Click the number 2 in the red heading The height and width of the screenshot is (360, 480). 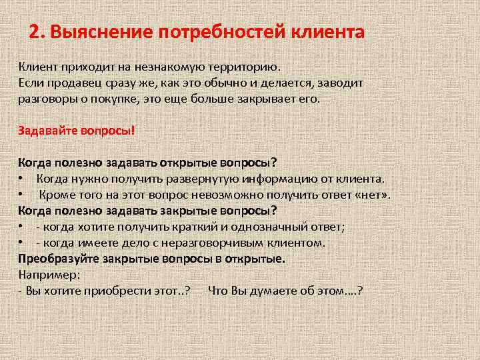35,31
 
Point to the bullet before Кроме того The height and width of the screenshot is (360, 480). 22,195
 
